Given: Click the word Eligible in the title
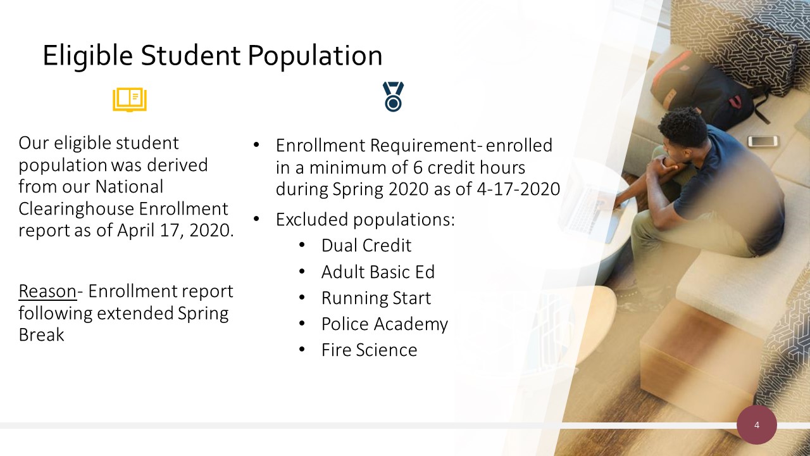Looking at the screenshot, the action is (x=88, y=56).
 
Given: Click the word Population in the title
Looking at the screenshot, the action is (x=315, y=56).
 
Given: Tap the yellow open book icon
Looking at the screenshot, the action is (x=130, y=99).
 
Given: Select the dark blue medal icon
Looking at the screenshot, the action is (x=394, y=97).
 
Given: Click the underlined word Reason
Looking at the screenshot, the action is (x=47, y=291).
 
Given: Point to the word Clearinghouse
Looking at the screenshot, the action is (x=77, y=209).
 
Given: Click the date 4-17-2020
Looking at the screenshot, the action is (x=518, y=189).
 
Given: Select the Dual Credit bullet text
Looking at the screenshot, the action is (x=366, y=245).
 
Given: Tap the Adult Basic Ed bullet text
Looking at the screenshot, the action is (x=378, y=272).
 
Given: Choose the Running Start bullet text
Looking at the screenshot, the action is (x=376, y=298).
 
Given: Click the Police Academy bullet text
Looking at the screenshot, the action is (x=384, y=324).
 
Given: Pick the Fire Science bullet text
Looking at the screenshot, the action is (x=369, y=350).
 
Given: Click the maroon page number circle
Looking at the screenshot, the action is (x=757, y=425).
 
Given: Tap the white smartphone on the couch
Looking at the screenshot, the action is (x=763, y=141).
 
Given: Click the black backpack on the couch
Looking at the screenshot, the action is (x=705, y=91).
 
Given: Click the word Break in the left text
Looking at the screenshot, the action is (x=41, y=335).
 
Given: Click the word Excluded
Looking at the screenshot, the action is (x=312, y=219).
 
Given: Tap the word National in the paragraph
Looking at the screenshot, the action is (x=129, y=187).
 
